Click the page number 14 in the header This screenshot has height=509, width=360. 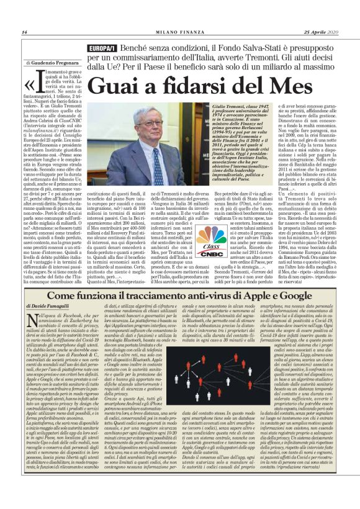pos(24,32)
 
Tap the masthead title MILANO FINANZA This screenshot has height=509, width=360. pos(179,32)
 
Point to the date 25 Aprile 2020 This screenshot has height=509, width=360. pos(320,32)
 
